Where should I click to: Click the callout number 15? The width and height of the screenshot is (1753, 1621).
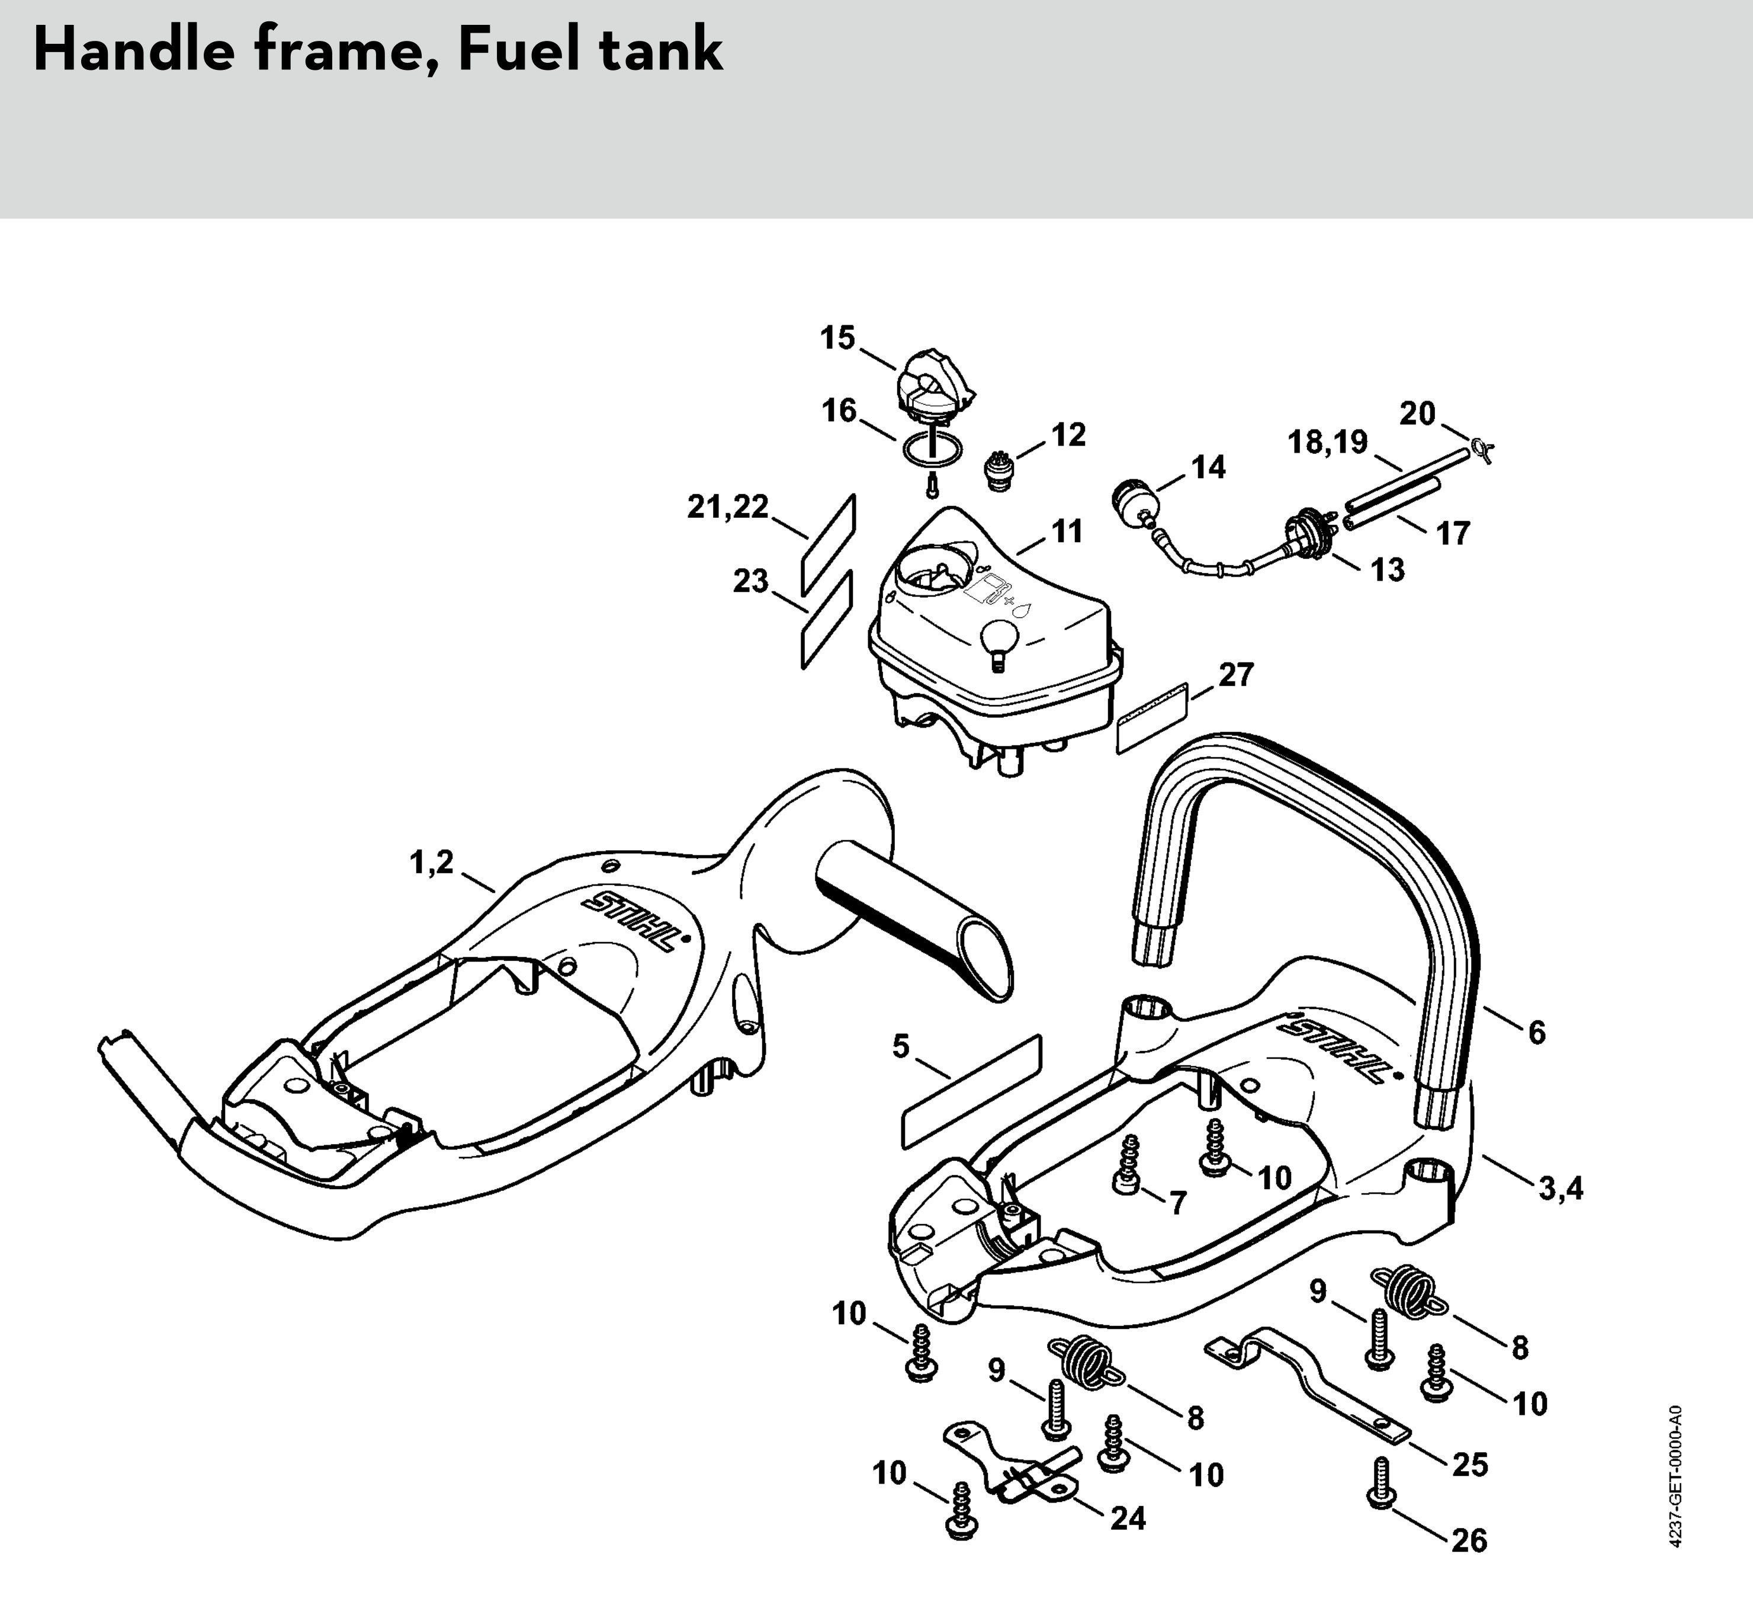click(x=837, y=338)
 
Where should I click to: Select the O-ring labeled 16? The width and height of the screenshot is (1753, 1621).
click(x=932, y=451)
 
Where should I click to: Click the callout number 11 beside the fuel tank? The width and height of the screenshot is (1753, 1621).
click(x=1067, y=531)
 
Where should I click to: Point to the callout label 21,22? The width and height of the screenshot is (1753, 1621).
click(x=727, y=507)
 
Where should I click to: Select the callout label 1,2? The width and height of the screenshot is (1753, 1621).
click(x=432, y=863)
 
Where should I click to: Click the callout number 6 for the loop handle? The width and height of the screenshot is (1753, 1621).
click(x=1536, y=1033)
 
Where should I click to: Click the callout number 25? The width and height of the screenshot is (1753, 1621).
click(x=1471, y=1464)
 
